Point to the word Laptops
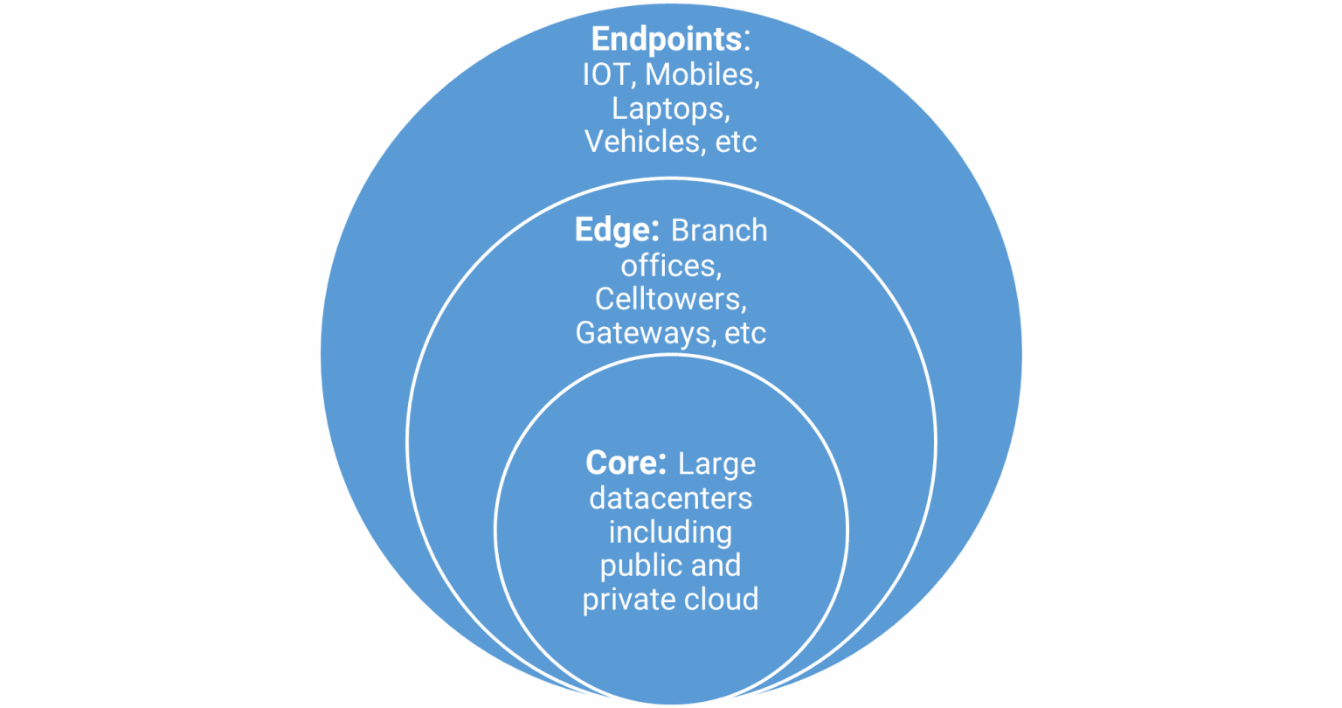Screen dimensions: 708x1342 [x=670, y=109]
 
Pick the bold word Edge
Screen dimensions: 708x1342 [x=615, y=230]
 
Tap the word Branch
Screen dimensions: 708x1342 [x=719, y=230]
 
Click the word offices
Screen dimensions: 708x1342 [x=670, y=264]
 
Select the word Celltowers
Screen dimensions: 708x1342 [x=670, y=298]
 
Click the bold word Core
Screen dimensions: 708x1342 [x=620, y=463]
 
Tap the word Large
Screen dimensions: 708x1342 [x=716, y=464]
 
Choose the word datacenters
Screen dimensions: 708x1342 [x=670, y=498]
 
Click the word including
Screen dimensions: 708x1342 [x=670, y=532]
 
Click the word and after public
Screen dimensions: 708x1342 [x=717, y=566]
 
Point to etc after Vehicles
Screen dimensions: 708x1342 [x=736, y=142]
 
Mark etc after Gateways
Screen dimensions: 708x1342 [x=745, y=333]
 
